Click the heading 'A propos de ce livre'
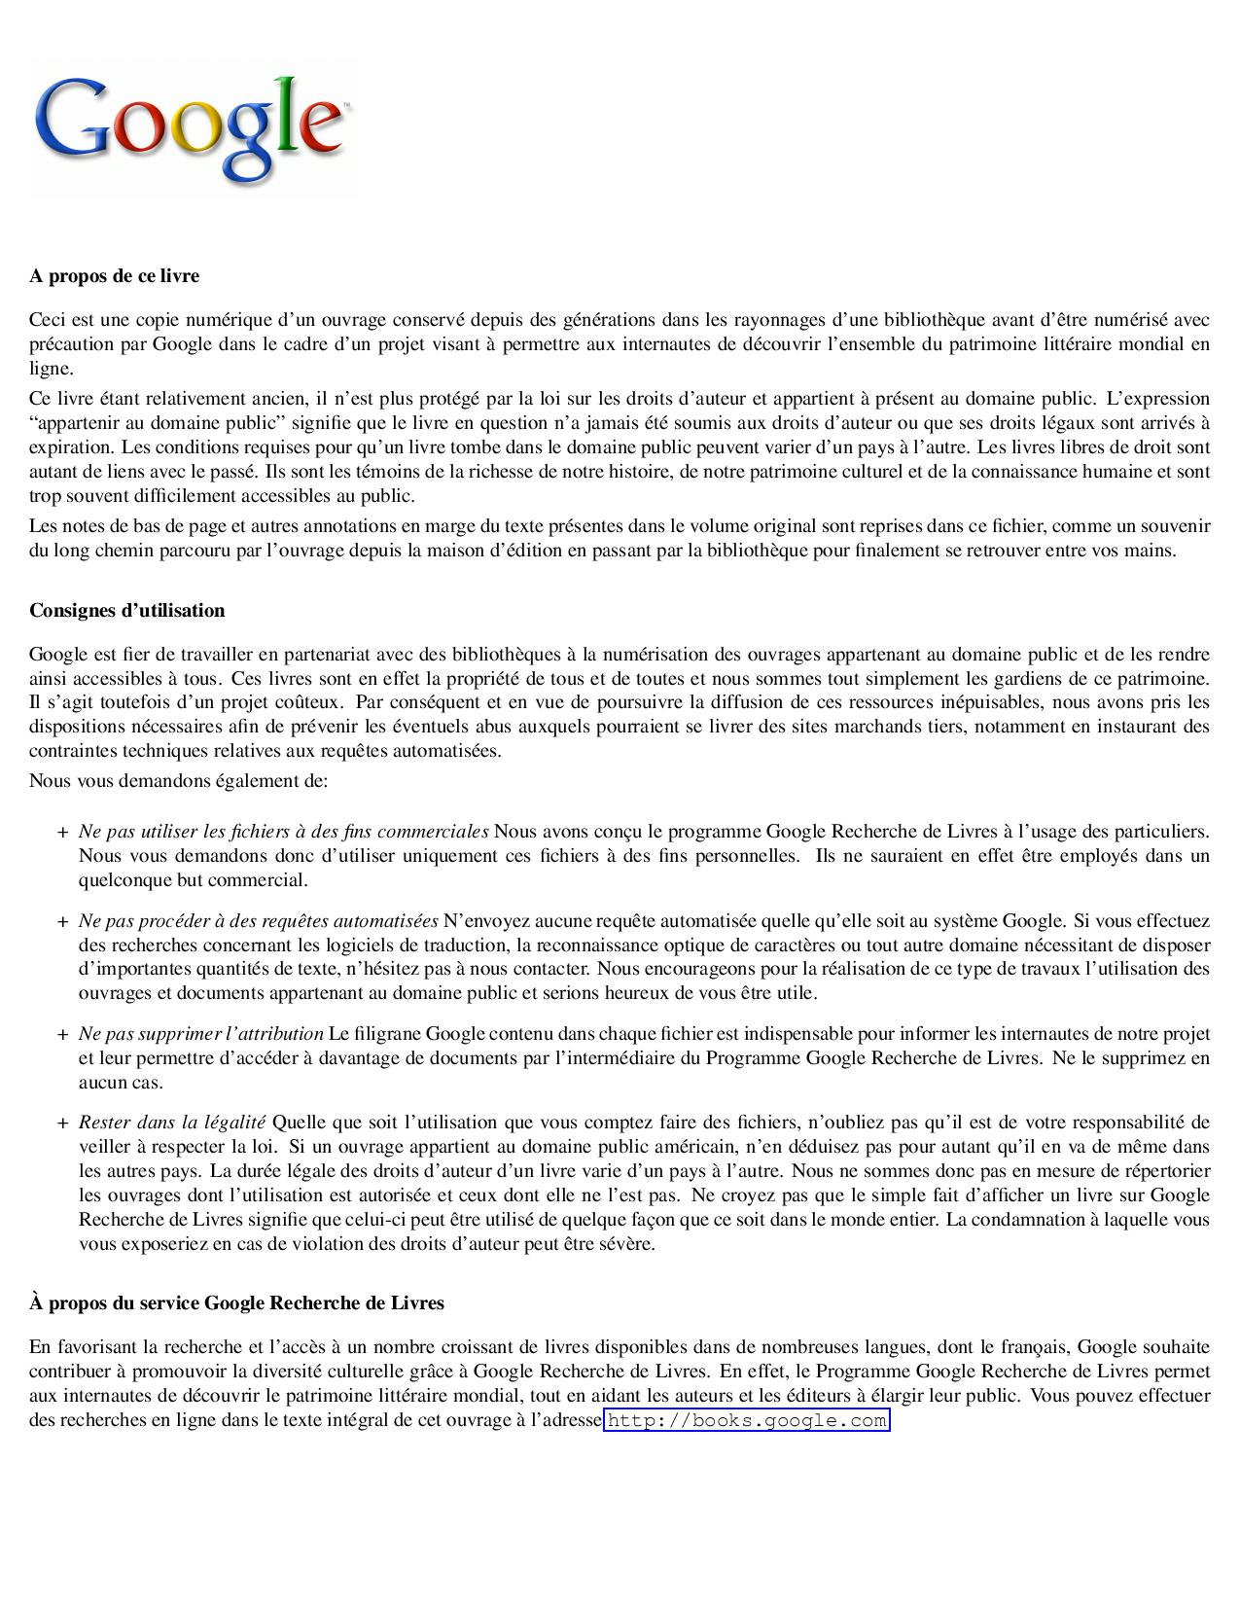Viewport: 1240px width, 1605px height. tap(114, 276)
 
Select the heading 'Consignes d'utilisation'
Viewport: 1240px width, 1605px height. tap(126, 611)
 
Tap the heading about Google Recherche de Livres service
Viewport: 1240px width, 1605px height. tap(236, 1303)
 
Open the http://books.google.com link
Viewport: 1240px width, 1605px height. tap(746, 1421)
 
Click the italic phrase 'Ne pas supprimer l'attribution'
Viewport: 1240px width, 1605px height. tap(201, 1034)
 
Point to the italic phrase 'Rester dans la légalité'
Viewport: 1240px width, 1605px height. tap(171, 1123)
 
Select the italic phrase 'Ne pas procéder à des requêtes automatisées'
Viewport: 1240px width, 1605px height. tap(259, 921)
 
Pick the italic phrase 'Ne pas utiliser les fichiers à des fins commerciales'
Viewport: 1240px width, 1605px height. tap(284, 832)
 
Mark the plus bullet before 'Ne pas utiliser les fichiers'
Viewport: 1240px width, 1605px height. tap(62, 833)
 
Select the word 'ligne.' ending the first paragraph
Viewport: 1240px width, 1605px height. tap(51, 369)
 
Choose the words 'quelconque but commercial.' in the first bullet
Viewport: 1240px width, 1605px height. tap(193, 880)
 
